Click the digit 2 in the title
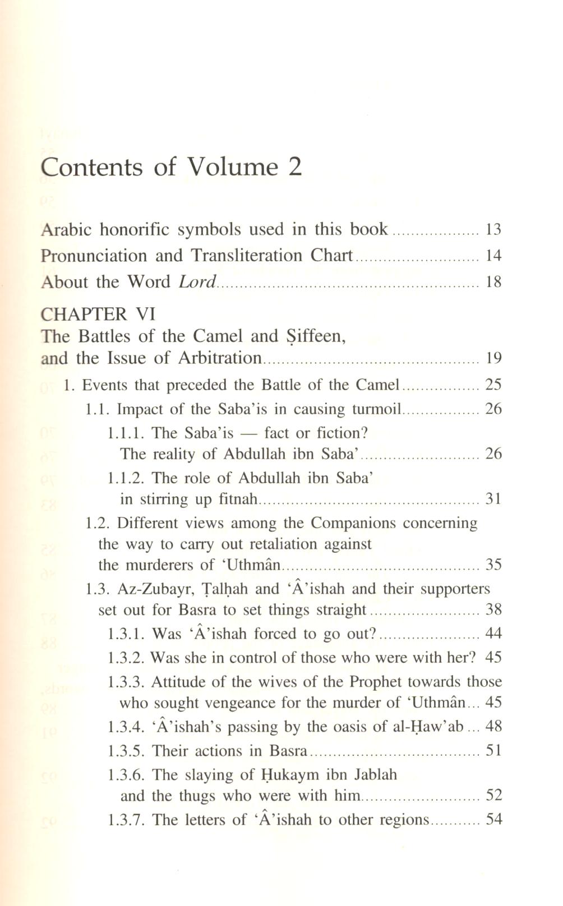pyautogui.click(x=295, y=167)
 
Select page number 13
pyautogui.click(x=493, y=229)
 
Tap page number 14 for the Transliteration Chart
pyautogui.click(x=493, y=256)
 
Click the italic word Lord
pyautogui.click(x=197, y=281)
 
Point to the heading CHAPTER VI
pyautogui.click(x=98, y=313)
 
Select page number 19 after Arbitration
pyautogui.click(x=493, y=358)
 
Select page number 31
pyautogui.click(x=493, y=499)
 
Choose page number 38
pyautogui.click(x=493, y=610)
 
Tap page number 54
pyautogui.click(x=493, y=820)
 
